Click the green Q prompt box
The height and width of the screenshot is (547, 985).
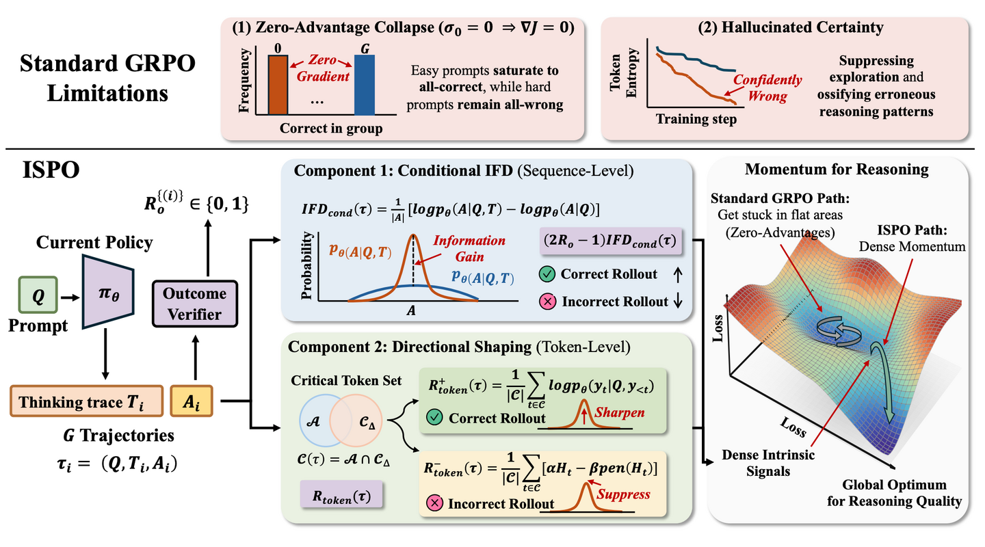pos(38,295)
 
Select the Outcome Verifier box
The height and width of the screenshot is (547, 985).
pos(195,304)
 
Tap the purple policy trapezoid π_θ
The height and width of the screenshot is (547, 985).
pos(108,292)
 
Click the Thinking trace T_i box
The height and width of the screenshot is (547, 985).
pos(87,401)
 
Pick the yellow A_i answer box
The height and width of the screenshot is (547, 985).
pos(192,401)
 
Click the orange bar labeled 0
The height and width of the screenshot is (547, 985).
pos(278,85)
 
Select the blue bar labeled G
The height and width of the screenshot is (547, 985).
pos(365,85)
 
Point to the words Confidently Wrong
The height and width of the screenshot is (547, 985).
pos(767,88)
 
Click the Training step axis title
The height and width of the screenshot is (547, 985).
pos(696,119)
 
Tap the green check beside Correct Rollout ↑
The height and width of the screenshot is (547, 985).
pos(547,274)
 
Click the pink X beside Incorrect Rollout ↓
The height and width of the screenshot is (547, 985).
pos(547,302)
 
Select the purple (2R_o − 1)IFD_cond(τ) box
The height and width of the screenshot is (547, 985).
pos(611,241)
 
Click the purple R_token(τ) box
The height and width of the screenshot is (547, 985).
pos(341,495)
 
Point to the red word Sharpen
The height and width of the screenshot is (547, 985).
pos(620,412)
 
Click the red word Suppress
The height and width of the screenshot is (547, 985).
pos(623,494)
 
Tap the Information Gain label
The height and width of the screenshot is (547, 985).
pos(469,248)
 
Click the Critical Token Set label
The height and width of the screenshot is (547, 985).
pos(346,380)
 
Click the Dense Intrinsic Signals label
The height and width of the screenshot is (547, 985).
pos(768,463)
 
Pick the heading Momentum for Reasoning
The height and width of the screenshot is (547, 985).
pos(837,170)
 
